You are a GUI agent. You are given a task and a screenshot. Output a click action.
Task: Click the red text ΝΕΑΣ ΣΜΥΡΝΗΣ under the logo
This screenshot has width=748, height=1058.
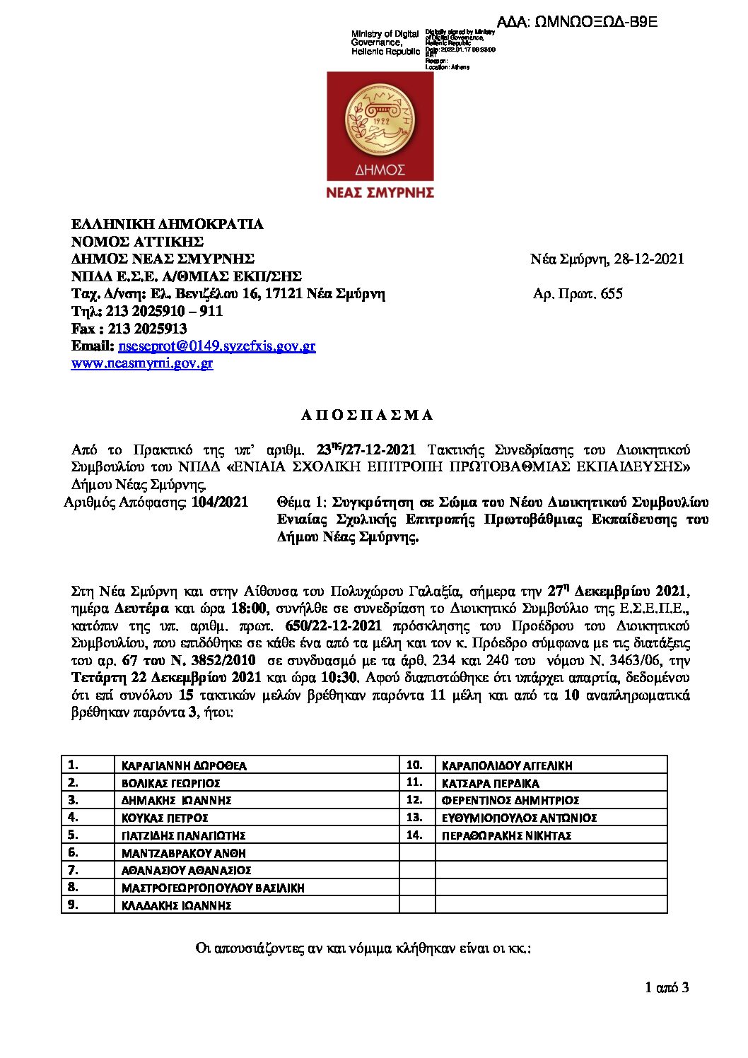pos(380,192)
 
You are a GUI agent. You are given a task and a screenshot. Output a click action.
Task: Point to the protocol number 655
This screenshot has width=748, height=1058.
pos(612,294)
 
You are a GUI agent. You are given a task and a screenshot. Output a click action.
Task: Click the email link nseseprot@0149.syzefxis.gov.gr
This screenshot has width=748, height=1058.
pos(217,346)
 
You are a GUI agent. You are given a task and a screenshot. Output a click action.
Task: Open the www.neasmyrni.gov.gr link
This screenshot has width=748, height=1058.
pos(142,364)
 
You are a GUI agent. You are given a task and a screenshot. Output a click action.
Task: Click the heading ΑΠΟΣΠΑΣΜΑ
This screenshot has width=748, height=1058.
pos(367,416)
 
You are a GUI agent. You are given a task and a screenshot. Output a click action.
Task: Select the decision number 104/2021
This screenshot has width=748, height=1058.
pos(220,502)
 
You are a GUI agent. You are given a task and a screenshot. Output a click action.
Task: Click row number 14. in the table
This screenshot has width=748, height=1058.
pos(414,835)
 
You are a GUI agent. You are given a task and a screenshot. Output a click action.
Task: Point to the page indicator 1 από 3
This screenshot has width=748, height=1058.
pos(667,988)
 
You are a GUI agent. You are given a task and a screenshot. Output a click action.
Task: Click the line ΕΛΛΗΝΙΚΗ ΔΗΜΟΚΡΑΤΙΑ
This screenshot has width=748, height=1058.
pos(168,225)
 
